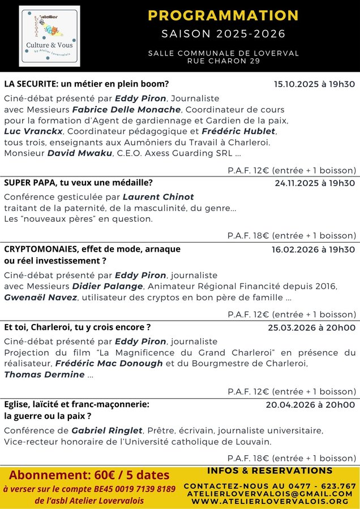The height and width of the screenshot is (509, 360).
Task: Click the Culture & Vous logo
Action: (x=49, y=36)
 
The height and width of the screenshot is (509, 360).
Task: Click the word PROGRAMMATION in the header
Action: (x=222, y=15)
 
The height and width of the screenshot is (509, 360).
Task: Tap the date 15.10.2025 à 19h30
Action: (x=314, y=84)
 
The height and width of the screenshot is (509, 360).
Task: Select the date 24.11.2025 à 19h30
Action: (x=315, y=183)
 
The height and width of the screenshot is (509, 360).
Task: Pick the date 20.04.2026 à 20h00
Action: (x=310, y=405)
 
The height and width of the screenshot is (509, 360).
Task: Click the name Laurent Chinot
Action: (x=158, y=197)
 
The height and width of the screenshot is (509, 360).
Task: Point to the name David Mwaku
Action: (x=80, y=153)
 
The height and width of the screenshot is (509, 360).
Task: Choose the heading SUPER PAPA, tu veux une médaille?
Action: (x=78, y=183)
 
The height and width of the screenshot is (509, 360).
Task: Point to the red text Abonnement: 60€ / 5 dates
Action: (x=89, y=459)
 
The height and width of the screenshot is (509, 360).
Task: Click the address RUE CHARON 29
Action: (x=223, y=61)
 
